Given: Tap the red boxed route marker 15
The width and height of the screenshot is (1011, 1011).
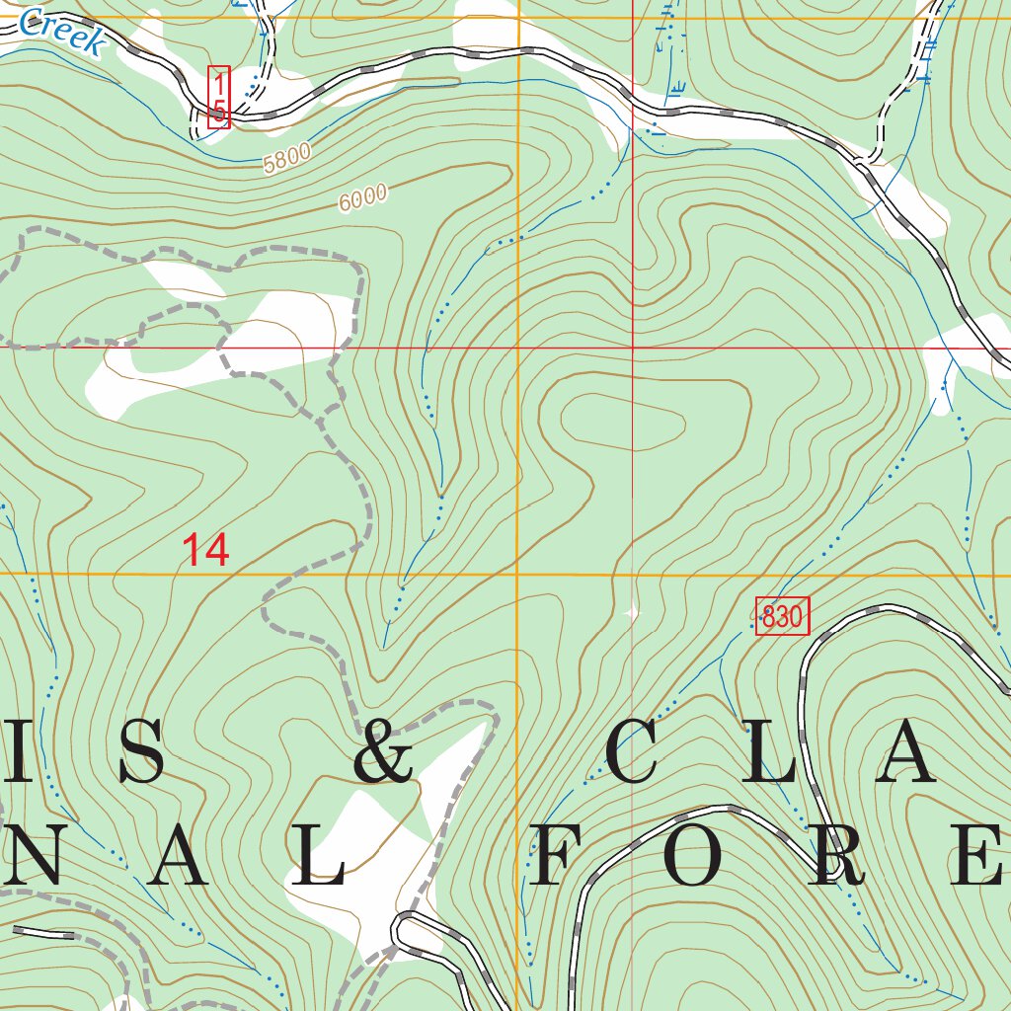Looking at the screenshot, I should [x=218, y=97].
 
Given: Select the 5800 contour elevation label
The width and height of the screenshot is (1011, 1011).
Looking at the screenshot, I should [x=287, y=158].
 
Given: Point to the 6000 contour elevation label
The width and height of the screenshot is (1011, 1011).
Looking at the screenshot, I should [x=362, y=198].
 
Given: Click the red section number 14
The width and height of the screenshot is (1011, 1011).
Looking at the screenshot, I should [x=206, y=550].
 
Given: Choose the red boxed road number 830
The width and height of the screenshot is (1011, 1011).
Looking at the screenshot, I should [x=782, y=617].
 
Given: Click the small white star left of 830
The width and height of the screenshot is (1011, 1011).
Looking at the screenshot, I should [x=632, y=613].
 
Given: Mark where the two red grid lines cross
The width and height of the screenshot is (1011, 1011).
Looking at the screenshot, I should [x=632, y=348].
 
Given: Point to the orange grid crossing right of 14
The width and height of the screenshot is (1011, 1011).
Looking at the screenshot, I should [x=518, y=572].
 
